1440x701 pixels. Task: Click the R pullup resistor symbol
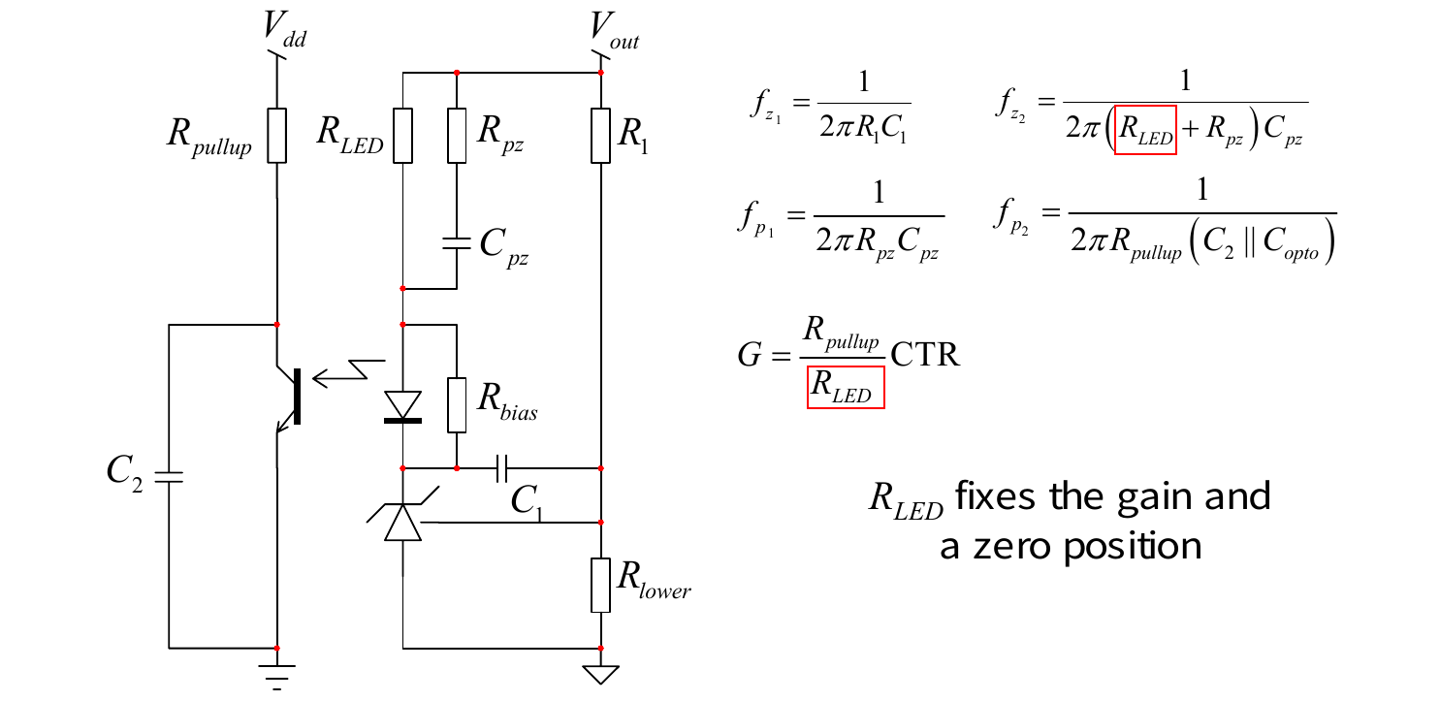277,136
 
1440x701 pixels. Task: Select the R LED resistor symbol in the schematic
403,136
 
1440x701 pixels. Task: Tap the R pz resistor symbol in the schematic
457,136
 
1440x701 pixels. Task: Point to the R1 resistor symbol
601,136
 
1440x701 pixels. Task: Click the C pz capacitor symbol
457,243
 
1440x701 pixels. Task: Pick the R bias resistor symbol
457,405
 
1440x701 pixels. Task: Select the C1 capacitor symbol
502,468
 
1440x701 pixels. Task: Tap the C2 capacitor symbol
169,477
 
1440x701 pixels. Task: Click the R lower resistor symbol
601,586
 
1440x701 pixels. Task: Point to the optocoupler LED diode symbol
403,407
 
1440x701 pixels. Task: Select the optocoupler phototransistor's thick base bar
297,397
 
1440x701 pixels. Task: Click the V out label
614,30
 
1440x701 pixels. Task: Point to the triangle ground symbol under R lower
601,675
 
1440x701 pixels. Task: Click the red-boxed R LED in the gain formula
846,387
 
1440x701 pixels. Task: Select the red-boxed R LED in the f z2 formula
1145,130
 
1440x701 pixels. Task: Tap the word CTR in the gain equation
925,354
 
